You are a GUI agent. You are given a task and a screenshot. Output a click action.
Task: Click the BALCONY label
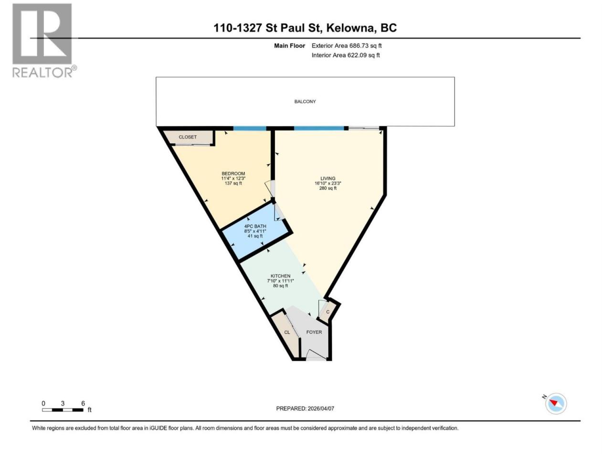point(305,102)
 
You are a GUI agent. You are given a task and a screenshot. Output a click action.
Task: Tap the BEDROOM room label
point(233,174)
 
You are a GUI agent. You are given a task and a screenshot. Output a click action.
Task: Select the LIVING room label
point(327,178)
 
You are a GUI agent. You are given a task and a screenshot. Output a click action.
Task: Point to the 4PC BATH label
point(255,226)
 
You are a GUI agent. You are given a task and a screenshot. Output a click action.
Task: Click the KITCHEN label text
point(280,276)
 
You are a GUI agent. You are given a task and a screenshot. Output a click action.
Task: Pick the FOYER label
point(314,332)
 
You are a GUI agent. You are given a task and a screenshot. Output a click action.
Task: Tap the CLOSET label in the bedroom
point(188,137)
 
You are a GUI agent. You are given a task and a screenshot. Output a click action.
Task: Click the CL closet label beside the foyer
point(287,333)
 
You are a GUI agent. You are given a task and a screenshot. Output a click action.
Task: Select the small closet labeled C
point(327,312)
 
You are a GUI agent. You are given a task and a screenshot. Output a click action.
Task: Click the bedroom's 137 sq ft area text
point(233,183)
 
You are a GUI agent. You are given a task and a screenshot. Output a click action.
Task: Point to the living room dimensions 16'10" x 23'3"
point(327,183)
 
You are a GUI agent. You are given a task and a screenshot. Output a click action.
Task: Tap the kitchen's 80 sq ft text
point(280,286)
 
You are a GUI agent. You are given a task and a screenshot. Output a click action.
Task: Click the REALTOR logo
point(42,41)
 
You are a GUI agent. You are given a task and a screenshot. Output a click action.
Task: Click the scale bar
point(63,410)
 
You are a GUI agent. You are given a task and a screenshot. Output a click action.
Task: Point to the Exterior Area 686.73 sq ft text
point(347,46)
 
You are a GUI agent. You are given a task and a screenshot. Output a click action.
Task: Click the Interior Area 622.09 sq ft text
point(346,55)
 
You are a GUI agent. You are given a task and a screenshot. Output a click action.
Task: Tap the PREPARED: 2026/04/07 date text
point(305,408)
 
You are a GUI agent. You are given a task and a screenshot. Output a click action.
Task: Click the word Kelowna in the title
point(349,28)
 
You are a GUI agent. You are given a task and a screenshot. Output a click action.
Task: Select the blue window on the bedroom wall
point(250,128)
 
